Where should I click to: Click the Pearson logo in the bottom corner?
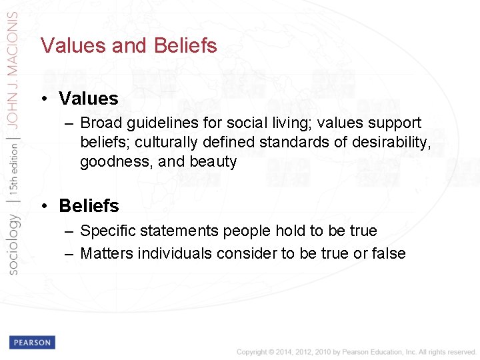pyautogui.click(x=32, y=343)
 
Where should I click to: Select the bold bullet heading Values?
pyautogui.click(x=88, y=99)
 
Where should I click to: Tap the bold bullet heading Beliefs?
pyautogui.click(x=89, y=206)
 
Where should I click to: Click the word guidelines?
pyautogui.click(x=161, y=123)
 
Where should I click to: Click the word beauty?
pyautogui.click(x=213, y=162)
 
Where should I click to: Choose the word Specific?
pyautogui.click(x=108, y=231)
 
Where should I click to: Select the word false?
pyautogui.click(x=388, y=253)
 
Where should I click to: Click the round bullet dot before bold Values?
pyautogui.click(x=43, y=99)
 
